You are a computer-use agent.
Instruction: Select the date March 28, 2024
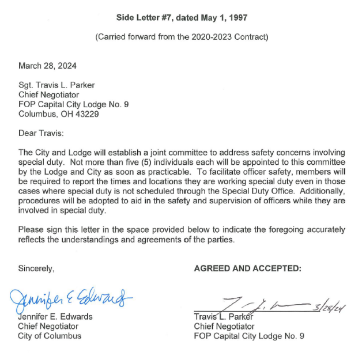pyautogui.click(x=47, y=66)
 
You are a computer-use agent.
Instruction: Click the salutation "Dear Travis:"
pyautogui.click(x=42, y=133)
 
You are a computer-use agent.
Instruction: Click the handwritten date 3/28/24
pyautogui.click(x=329, y=307)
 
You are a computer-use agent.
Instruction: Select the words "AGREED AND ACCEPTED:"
pyautogui.click(x=247, y=268)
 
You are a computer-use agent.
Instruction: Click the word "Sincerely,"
pyautogui.click(x=36, y=268)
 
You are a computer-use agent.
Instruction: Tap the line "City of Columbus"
pyautogui.click(x=50, y=336)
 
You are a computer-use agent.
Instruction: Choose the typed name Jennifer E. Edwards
pyautogui.click(x=55, y=317)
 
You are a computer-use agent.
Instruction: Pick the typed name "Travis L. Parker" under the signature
pyautogui.click(x=223, y=317)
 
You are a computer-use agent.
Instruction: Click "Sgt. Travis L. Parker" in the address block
pyautogui.click(x=56, y=85)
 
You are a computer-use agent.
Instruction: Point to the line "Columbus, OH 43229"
pyautogui.click(x=59, y=114)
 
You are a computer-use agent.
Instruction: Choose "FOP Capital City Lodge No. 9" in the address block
pyautogui.click(x=73, y=104)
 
